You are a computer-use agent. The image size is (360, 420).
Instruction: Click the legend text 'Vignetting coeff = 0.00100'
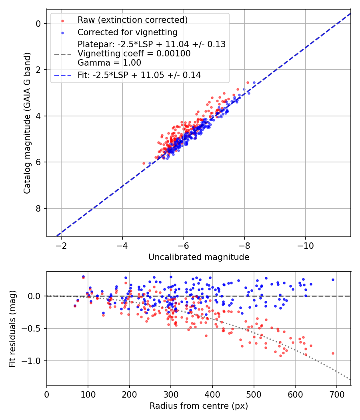[x=134, y=54]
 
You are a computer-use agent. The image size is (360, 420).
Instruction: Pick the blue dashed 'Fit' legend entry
[x=139, y=75]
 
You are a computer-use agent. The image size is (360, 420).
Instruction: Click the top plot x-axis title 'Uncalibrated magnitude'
[x=199, y=257]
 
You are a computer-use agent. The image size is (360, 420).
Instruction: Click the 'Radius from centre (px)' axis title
[x=199, y=406]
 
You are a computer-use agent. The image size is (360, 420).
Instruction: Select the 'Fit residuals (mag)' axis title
[x=13, y=329]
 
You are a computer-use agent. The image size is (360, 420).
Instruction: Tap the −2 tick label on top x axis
[x=61, y=244]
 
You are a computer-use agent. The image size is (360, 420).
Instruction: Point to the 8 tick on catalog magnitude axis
[x=38, y=208]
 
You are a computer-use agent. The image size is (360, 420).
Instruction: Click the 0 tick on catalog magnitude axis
[x=38, y=24]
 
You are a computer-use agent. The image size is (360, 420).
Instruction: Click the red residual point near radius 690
[x=333, y=353]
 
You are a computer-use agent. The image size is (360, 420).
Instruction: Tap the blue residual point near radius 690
[x=333, y=280]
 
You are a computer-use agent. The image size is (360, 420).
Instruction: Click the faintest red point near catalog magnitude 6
[x=144, y=163]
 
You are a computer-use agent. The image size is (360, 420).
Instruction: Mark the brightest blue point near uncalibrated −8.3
[x=249, y=93]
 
